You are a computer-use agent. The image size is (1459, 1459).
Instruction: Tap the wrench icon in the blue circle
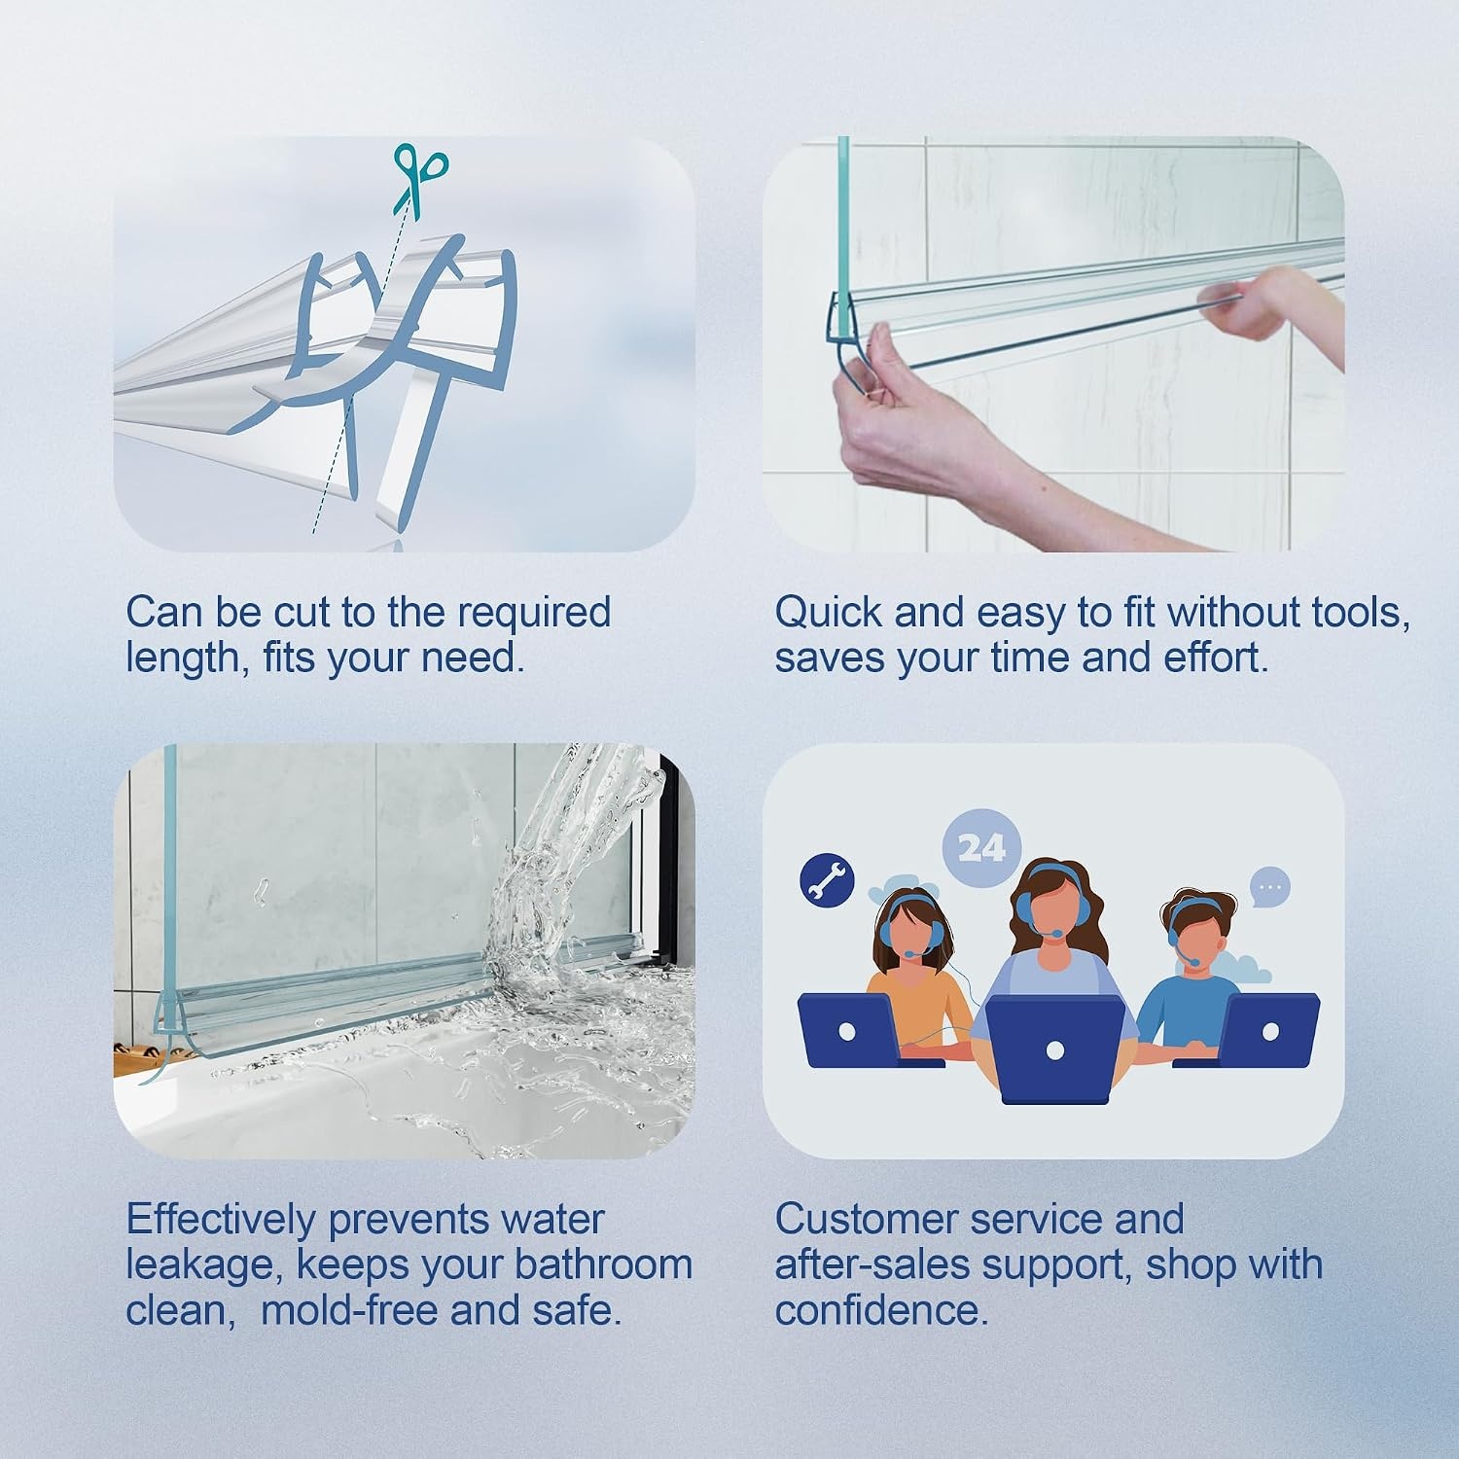click(827, 879)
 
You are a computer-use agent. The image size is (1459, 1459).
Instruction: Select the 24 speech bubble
click(981, 848)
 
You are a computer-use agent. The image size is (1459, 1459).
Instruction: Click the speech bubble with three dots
click(1268, 887)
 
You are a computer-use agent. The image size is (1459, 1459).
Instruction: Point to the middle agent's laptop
click(1055, 1049)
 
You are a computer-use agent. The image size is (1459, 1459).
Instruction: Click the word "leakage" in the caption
click(204, 1266)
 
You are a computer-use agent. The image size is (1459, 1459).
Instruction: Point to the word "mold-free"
click(349, 1310)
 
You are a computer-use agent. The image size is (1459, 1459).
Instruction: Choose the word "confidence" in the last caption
click(880, 1310)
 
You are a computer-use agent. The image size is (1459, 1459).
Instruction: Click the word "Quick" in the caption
click(829, 613)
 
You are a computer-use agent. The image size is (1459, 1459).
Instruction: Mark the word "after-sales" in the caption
click(872, 1264)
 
